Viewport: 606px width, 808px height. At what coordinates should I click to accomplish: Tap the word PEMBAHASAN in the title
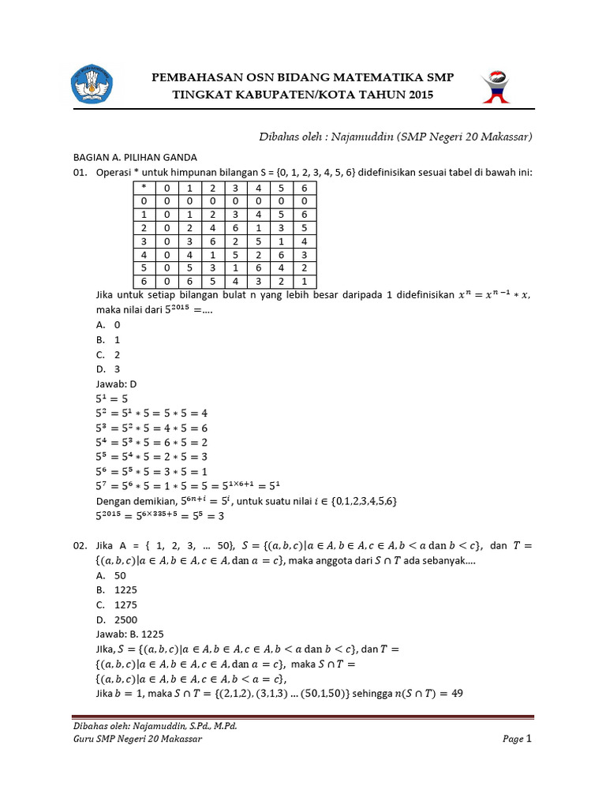199,77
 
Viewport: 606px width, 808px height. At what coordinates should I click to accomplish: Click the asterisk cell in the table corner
144,188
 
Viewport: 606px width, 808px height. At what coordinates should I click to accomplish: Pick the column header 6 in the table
304,188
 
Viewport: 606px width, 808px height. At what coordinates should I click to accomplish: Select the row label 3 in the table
144,241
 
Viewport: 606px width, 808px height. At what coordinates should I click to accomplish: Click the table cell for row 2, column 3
235,227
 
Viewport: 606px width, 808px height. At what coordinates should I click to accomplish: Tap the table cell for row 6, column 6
304,281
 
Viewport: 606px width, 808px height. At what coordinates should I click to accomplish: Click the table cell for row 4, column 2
212,254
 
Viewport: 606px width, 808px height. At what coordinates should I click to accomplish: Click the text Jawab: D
111,383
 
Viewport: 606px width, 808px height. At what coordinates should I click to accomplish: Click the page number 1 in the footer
529,739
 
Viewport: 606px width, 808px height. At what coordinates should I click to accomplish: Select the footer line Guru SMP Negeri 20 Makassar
137,739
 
